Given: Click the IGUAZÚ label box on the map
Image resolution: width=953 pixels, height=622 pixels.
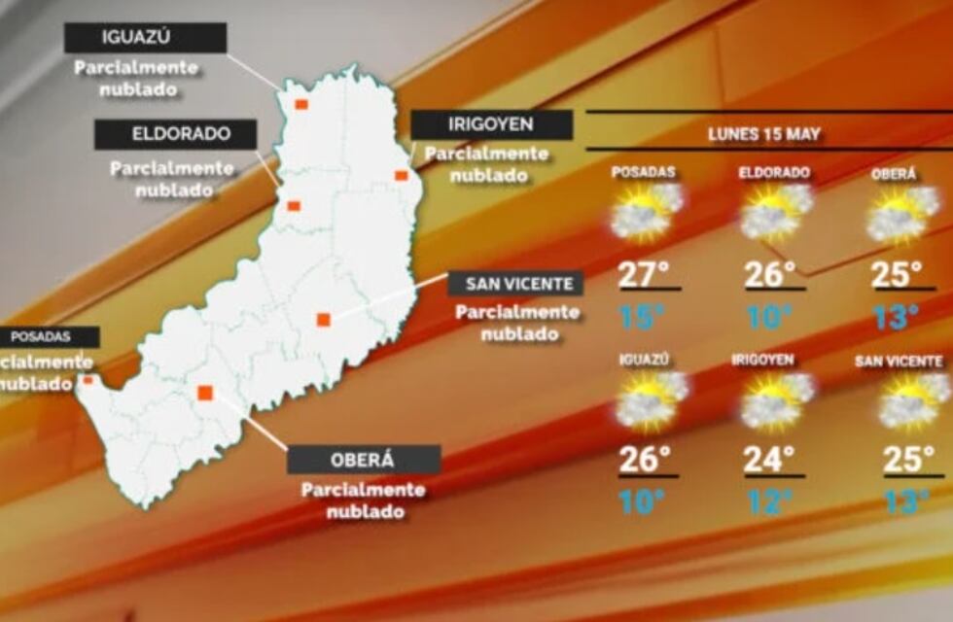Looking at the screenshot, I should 146,38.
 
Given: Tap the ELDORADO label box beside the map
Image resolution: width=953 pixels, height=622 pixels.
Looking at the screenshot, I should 175,134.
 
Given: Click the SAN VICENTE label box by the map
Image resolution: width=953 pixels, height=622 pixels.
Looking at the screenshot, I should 516,284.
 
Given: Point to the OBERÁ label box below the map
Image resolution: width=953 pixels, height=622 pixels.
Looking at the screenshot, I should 364,460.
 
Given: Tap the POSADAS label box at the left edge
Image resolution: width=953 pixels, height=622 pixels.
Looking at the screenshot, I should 49,337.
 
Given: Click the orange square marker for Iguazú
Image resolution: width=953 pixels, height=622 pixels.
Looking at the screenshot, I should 301,104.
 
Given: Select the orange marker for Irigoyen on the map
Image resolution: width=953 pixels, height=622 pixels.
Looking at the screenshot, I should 401,175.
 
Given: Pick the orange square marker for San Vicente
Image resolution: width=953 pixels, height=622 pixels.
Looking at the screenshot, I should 324,319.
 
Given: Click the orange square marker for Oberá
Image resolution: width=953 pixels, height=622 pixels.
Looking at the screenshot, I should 205,393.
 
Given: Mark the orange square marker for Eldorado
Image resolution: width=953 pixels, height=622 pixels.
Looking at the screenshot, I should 293,205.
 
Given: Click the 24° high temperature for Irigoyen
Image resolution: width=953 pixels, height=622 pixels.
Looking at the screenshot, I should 769,460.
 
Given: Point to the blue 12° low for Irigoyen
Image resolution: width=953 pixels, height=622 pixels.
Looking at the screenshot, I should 769,502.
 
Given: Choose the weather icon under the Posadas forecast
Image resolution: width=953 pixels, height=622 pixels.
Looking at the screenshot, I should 645,213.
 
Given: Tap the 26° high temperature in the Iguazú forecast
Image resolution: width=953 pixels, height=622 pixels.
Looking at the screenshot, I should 645,460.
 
